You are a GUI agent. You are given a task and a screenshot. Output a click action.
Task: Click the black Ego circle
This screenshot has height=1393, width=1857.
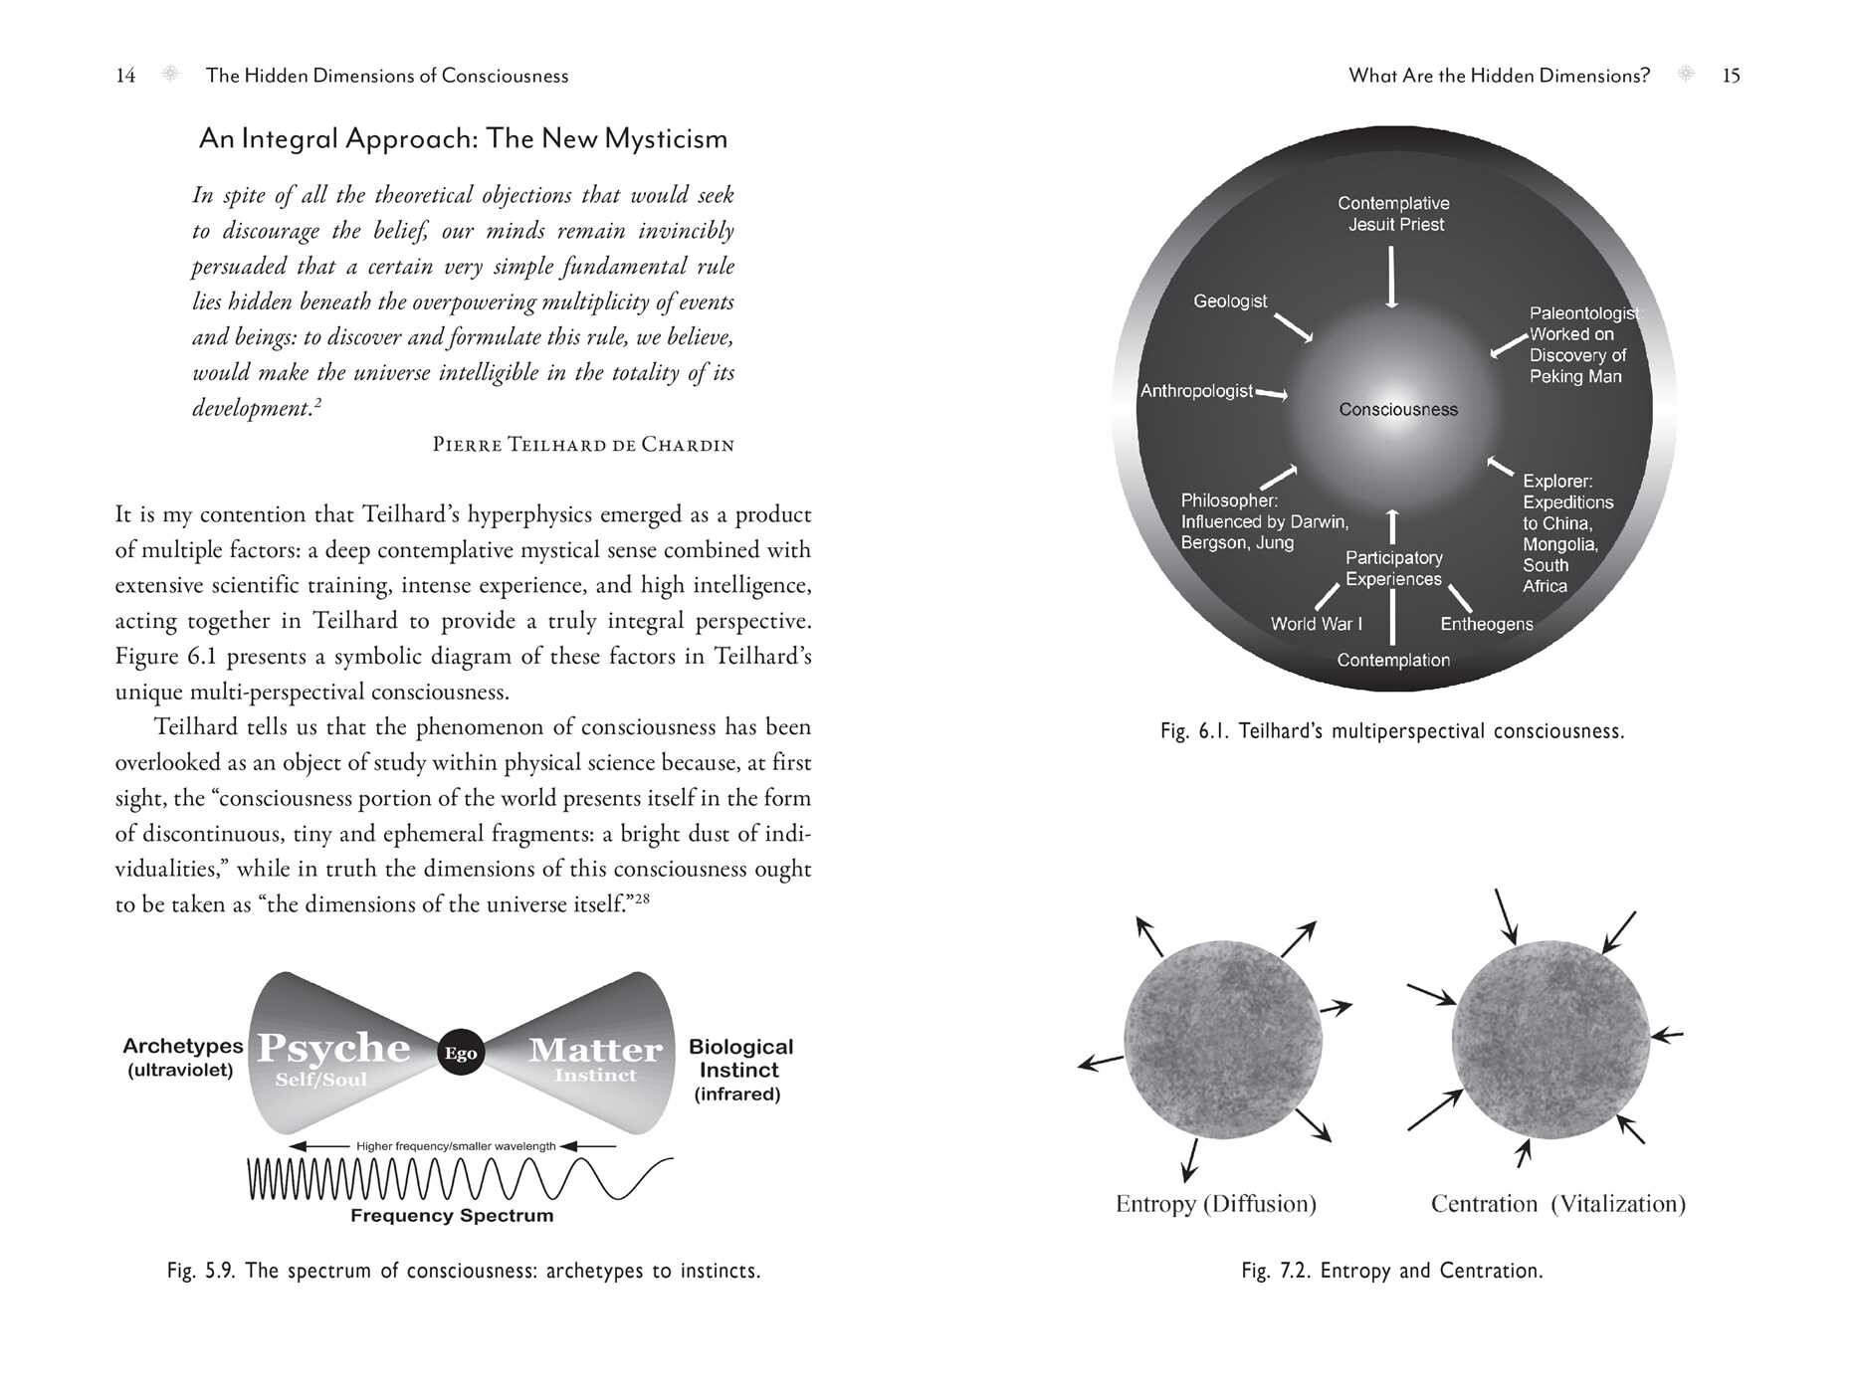[x=461, y=1053]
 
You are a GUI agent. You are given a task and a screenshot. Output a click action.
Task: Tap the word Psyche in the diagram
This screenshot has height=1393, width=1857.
[x=333, y=1048]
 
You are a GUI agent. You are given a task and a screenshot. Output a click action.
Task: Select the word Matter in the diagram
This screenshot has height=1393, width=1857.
[x=595, y=1050]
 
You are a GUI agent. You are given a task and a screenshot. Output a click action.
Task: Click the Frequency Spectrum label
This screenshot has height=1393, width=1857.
[x=452, y=1216]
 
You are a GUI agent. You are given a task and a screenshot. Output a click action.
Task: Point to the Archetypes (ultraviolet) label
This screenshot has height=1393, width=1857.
[x=182, y=1058]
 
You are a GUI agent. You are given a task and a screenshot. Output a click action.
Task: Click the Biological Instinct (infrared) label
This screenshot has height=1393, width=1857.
[x=739, y=1071]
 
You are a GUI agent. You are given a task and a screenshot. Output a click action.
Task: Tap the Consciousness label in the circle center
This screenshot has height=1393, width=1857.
[x=1397, y=410]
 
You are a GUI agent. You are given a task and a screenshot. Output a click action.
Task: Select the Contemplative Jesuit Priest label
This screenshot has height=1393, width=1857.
[x=1393, y=214]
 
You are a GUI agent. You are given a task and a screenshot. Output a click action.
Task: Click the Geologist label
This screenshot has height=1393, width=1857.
[x=1230, y=301]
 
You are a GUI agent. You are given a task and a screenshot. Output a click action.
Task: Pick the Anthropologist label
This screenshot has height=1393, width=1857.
[x=1196, y=391]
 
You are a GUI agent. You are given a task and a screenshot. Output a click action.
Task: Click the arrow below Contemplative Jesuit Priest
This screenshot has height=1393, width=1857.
[x=1391, y=277]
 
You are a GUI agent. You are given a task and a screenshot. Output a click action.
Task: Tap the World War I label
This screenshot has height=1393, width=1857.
[x=1316, y=624]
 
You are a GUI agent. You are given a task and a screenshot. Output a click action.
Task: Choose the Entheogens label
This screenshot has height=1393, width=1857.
[x=1486, y=624]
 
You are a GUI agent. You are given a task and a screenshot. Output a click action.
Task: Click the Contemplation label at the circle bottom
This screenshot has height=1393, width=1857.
[x=1392, y=661]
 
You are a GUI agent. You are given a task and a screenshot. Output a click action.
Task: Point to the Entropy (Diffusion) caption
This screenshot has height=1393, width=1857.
[x=1215, y=1204]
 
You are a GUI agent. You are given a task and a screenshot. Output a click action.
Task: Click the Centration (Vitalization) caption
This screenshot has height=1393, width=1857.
[x=1557, y=1204]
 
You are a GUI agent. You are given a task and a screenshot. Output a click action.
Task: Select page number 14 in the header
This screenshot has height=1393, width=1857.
[x=125, y=76]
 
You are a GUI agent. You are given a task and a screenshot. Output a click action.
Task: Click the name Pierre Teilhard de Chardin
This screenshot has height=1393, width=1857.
[x=583, y=445]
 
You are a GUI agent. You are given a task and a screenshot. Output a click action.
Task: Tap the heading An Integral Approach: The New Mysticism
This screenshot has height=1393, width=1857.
[x=463, y=138]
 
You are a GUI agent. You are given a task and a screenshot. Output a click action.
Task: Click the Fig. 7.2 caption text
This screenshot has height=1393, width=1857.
[x=1391, y=1271]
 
